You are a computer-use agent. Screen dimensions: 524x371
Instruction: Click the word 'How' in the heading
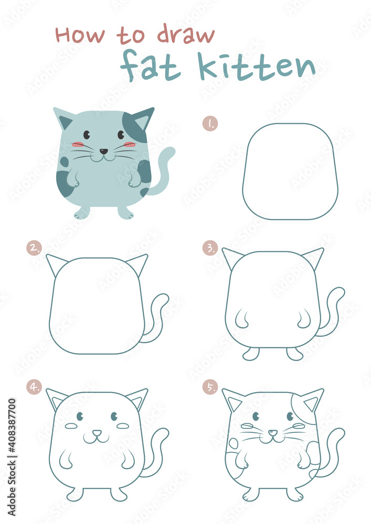tap(80, 35)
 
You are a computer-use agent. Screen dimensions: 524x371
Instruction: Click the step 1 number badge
tap(210, 124)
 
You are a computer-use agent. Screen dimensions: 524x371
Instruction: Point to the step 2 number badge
tap(34, 248)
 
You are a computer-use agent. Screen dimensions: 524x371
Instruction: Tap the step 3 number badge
tap(210, 248)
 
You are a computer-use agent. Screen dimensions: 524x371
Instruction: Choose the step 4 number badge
tap(34, 387)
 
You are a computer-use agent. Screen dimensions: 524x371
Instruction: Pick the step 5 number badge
tap(210, 387)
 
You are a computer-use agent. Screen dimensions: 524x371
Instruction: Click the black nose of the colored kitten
tap(104, 151)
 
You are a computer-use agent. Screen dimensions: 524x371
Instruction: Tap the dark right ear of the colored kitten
tap(140, 124)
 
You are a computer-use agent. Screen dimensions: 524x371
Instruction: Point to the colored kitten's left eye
tap(87, 135)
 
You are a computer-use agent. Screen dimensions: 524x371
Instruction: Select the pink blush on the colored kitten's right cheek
tap(129, 145)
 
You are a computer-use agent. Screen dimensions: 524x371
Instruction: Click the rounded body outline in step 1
tap(290, 171)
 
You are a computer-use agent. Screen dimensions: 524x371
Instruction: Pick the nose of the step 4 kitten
tap(97, 433)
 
